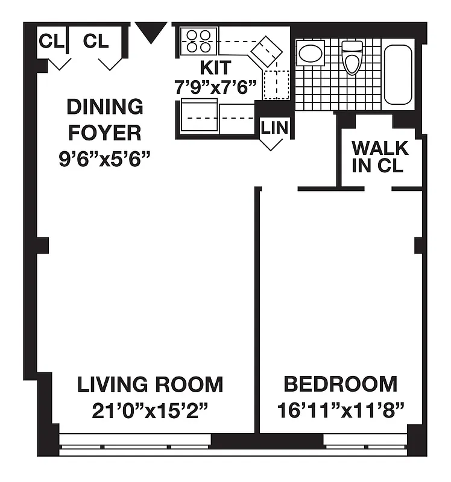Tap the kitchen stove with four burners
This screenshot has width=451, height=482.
point(198,40)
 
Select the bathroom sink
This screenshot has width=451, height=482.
point(311,54)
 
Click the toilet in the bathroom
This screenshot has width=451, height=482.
point(351,56)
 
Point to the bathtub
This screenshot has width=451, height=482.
point(398,75)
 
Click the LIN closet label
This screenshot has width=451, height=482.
point(274,128)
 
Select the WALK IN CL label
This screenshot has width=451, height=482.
point(380,157)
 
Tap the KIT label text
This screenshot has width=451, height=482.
point(215,67)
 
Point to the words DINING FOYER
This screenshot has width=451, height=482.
point(105,119)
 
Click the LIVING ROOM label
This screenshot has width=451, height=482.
point(150,384)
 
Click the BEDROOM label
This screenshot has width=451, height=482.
point(341,384)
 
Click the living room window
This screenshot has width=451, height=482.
point(136,446)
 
